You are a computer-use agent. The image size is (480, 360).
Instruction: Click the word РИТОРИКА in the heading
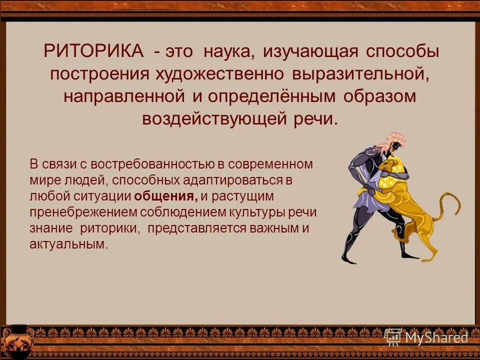(x=93, y=51)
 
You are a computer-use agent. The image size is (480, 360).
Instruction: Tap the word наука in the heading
(x=232, y=51)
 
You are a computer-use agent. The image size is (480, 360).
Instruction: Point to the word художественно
(x=220, y=73)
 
